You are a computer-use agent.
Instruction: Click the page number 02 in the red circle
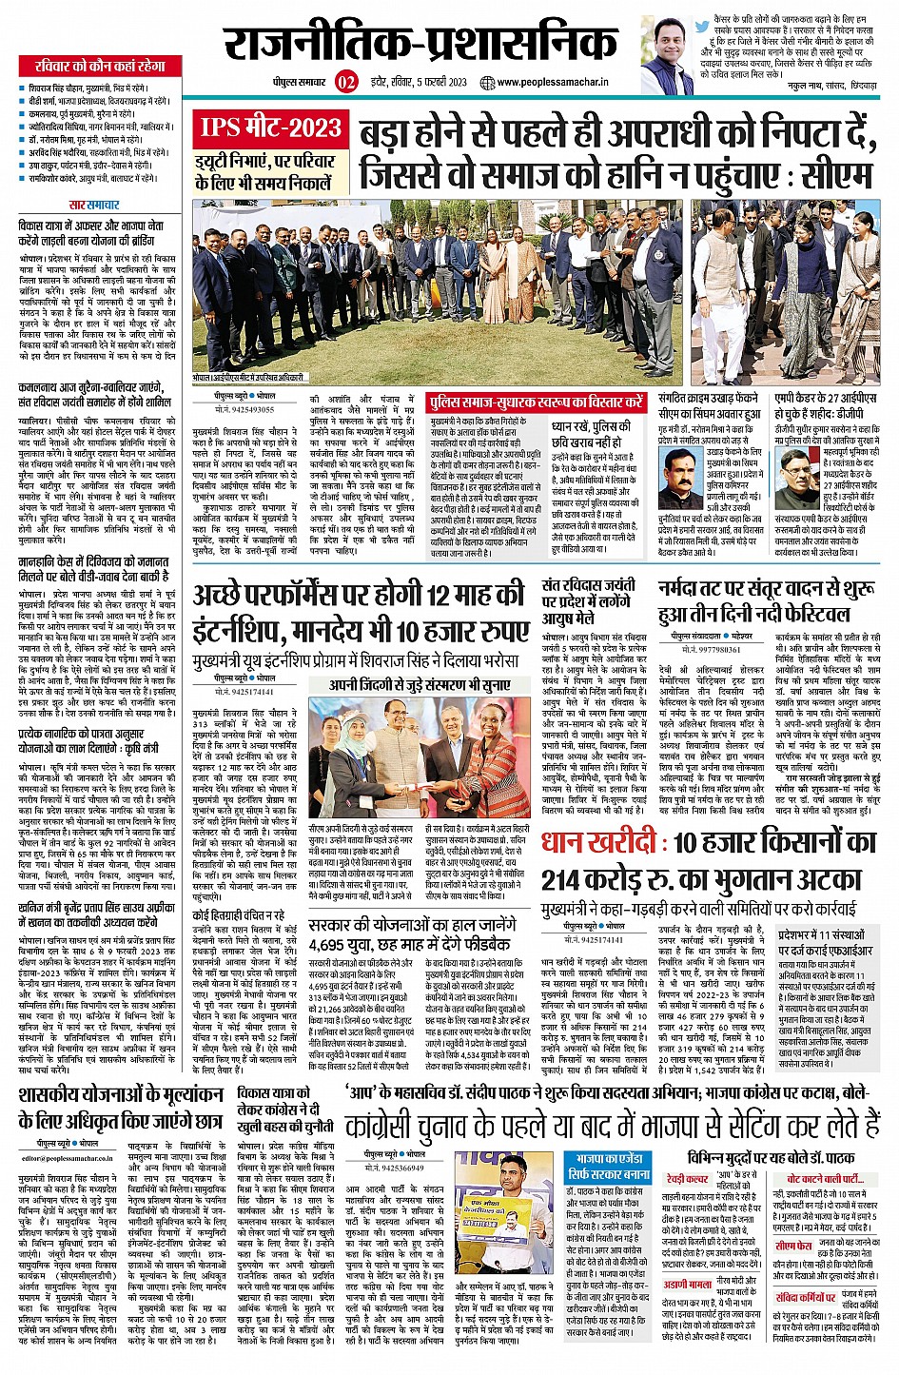pos(345,82)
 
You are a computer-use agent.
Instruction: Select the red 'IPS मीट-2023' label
pos(269,127)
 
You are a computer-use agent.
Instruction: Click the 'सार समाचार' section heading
pos(94,205)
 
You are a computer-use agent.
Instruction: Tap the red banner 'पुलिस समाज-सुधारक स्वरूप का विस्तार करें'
pos(536,403)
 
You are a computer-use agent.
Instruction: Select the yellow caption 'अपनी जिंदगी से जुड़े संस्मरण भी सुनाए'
pos(420,684)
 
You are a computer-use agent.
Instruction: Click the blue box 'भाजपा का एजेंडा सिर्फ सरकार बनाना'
pos(612,1167)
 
